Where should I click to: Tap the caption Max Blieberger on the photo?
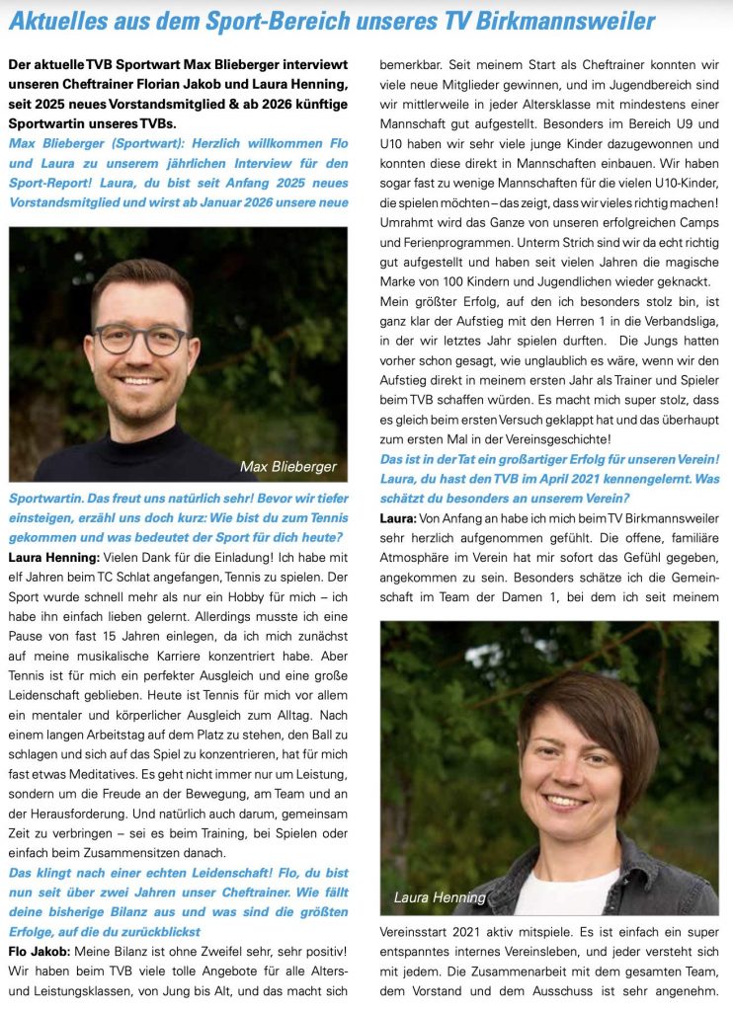tap(288, 466)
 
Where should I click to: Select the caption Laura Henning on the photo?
tap(440, 897)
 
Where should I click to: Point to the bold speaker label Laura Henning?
tap(50, 558)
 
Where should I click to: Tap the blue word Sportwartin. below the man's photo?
tap(45, 499)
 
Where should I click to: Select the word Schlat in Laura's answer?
tap(174, 578)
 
